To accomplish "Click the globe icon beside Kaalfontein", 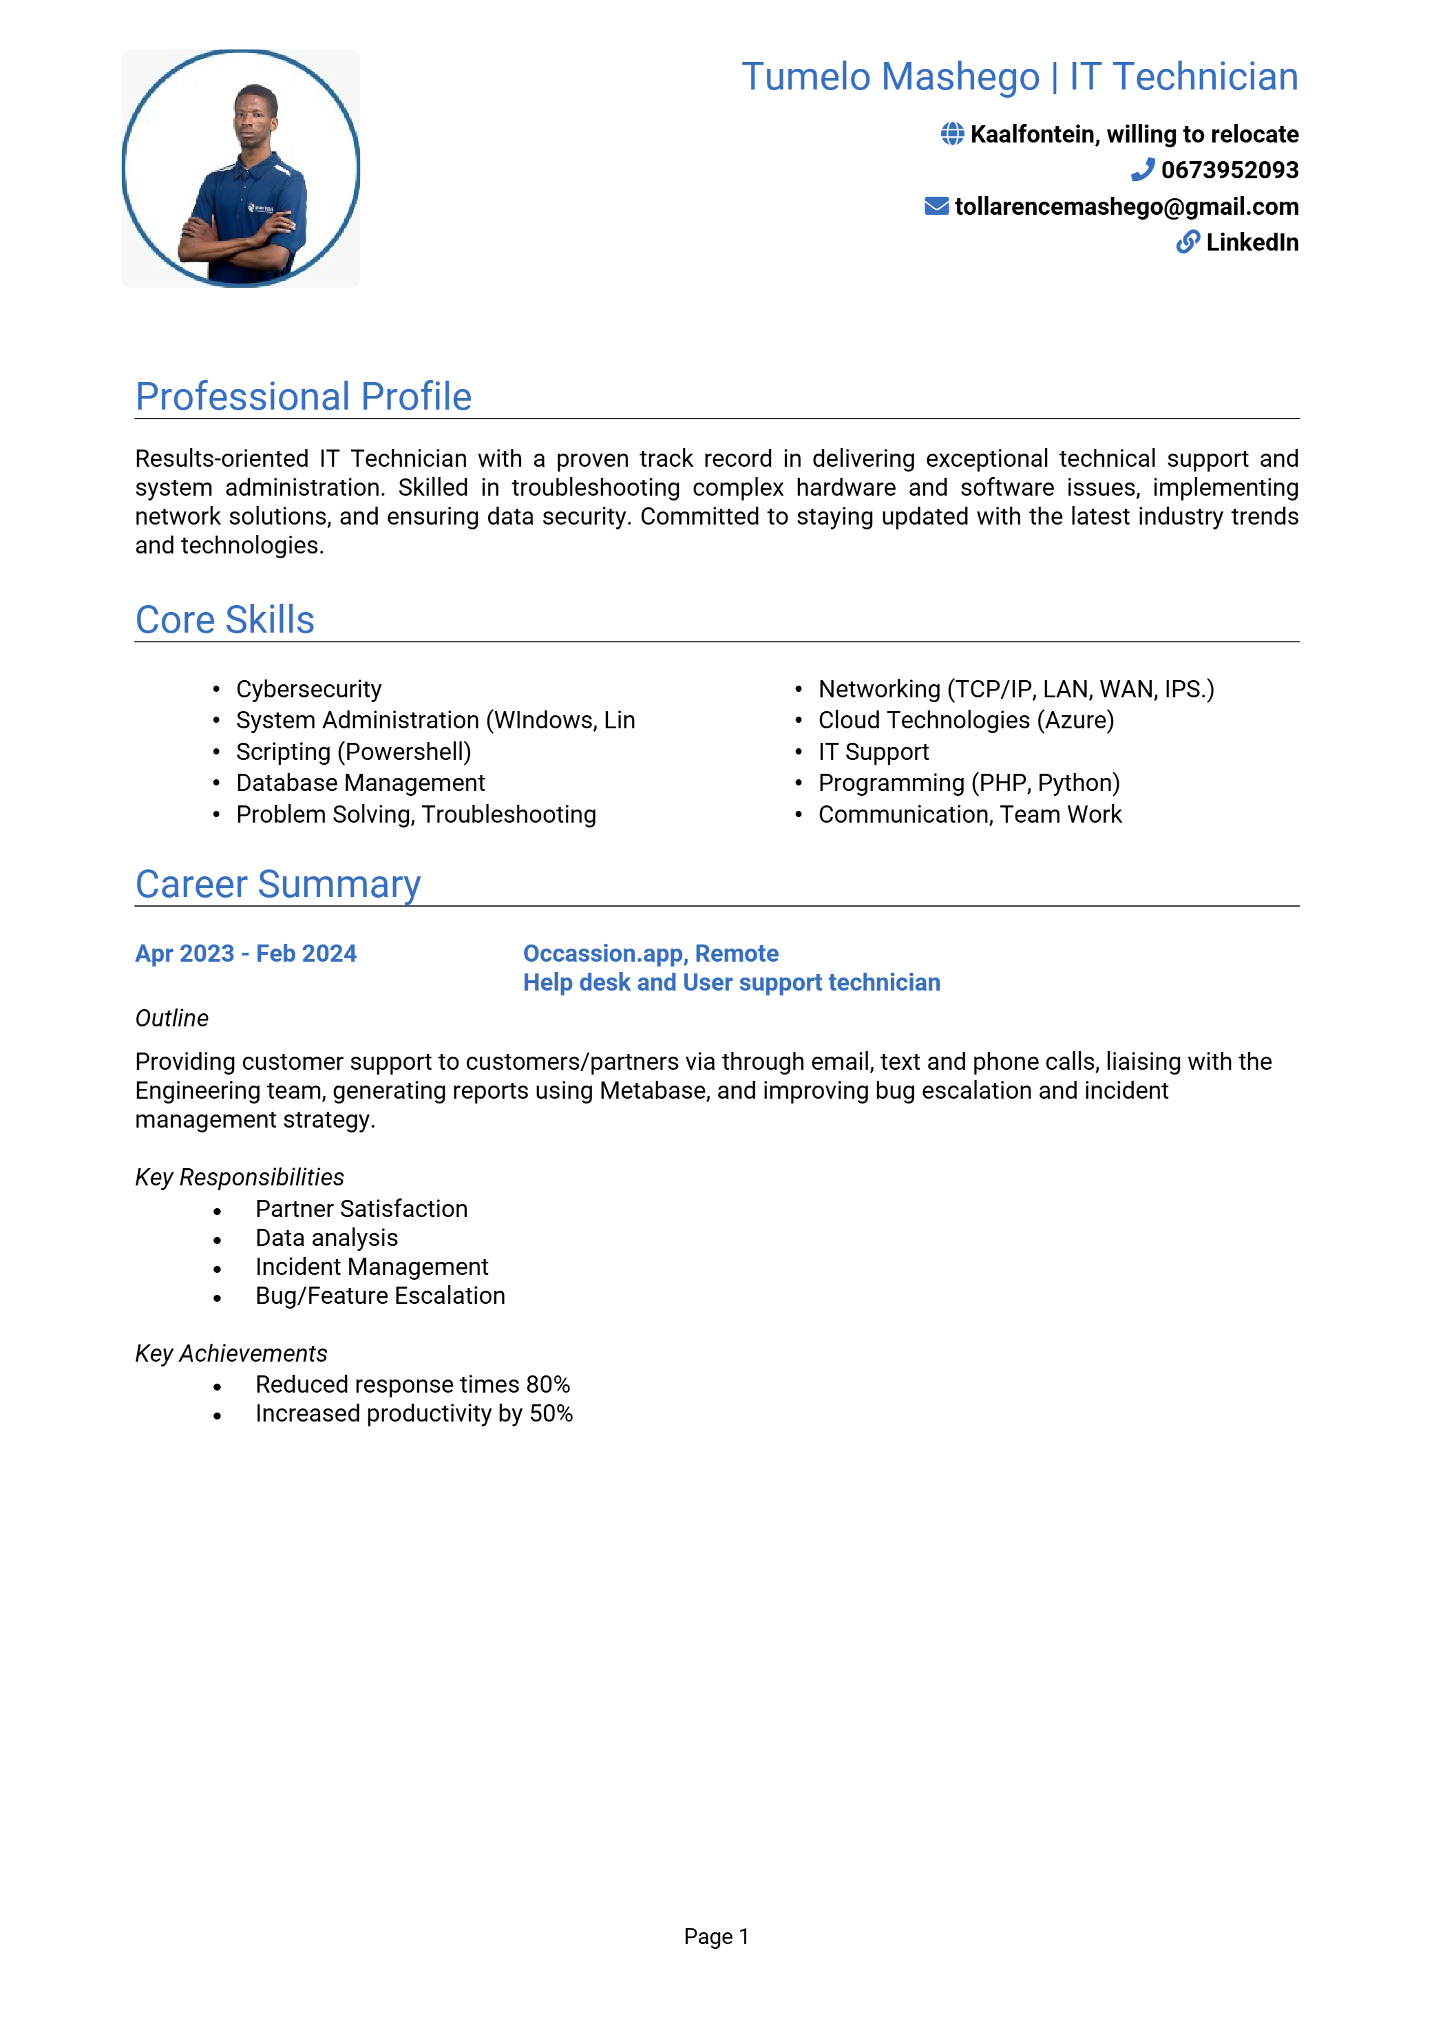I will pos(951,134).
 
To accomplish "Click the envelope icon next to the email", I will pos(936,206).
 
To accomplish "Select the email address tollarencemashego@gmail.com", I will pos(1126,207).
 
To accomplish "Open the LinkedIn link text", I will pos(1252,242).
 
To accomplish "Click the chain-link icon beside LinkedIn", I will pos(1188,242).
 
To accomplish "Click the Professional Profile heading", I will pos(303,397).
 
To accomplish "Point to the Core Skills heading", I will pos(224,620).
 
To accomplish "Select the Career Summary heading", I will pos(277,884).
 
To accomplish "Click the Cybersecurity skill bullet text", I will pos(308,689).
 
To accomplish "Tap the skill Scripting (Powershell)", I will pos(353,752).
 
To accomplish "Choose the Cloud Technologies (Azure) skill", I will pos(966,720).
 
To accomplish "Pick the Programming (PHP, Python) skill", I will pos(969,783).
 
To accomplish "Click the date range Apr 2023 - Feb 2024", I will pos(246,954).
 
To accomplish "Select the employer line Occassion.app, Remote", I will pos(651,954).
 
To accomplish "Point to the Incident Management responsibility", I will pos(371,1267).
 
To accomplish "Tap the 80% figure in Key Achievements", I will pos(548,1384).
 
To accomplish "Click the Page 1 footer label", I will pos(717,1937).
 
